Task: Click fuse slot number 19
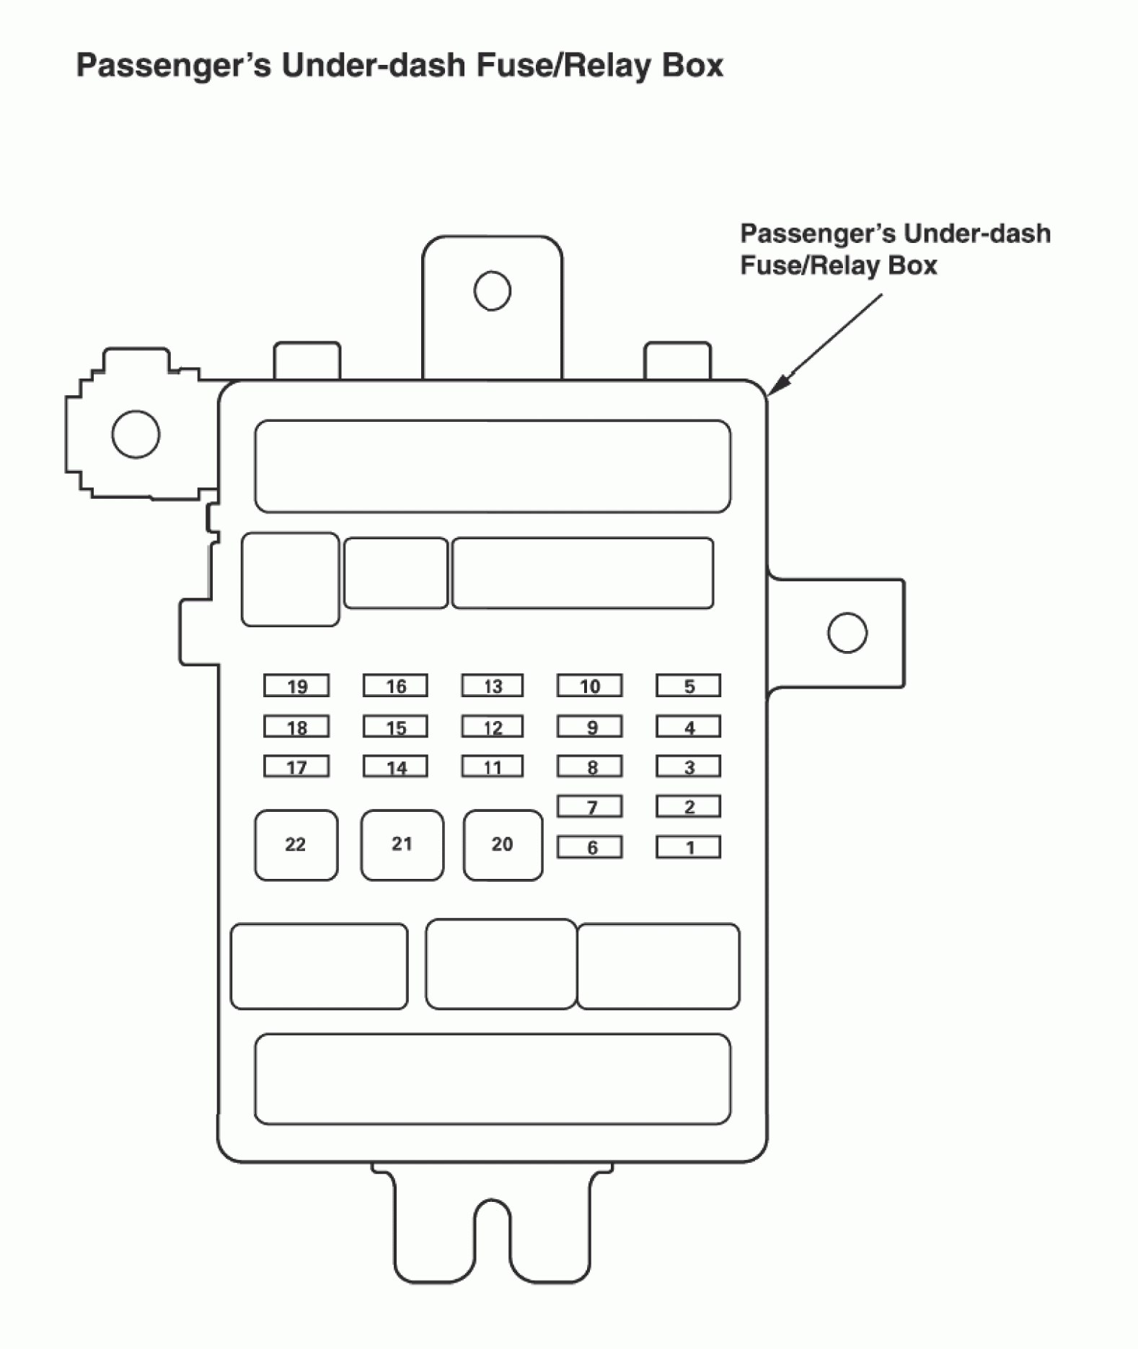coord(296,686)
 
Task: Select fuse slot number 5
coord(688,686)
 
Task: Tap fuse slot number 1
coord(688,847)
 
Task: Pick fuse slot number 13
coord(493,686)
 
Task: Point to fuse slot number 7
coord(589,807)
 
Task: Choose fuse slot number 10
coord(589,686)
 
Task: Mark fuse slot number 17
coord(296,766)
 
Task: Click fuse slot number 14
coord(395,766)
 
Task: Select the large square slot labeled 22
coord(296,845)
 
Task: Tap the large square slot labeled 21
coord(402,845)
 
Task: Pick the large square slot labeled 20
coord(503,845)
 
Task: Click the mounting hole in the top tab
coord(493,291)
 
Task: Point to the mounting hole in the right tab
coord(847,632)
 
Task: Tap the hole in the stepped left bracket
coord(136,434)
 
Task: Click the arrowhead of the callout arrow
coord(774,390)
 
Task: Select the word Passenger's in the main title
coord(174,66)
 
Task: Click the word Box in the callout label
coord(912,265)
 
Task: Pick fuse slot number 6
coord(589,847)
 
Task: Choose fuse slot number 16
coord(395,686)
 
